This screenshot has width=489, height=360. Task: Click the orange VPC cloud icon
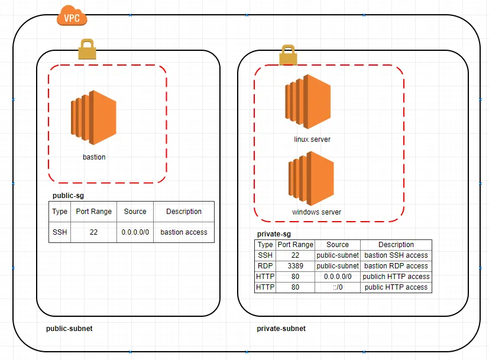coord(72,16)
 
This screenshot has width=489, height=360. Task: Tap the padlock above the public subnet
coord(87,49)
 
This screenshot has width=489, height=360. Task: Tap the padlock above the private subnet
coord(288,55)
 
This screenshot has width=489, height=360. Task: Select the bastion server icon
coord(93,118)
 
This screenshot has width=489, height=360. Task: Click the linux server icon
coord(308,102)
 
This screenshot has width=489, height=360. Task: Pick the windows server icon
coord(311,179)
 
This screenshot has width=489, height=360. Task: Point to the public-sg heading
coord(69,196)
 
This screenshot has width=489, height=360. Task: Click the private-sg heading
coord(274,234)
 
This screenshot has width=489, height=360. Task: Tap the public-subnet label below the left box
coord(69,329)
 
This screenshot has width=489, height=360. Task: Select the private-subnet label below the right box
coord(281,329)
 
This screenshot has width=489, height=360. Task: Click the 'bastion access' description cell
coord(184,232)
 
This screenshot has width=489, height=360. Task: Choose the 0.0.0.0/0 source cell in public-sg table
coord(135,232)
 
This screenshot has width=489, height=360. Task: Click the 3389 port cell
coord(295,266)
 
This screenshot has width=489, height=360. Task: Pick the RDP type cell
coord(265,266)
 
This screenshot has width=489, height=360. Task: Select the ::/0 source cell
coord(338,287)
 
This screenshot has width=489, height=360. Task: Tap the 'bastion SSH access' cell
coord(396,255)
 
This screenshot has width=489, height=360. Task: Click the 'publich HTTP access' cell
coord(396,277)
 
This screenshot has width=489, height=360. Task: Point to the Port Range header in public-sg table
coord(93,212)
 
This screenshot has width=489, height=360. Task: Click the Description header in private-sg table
coord(396,245)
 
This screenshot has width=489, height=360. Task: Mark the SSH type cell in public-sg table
coord(60,232)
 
